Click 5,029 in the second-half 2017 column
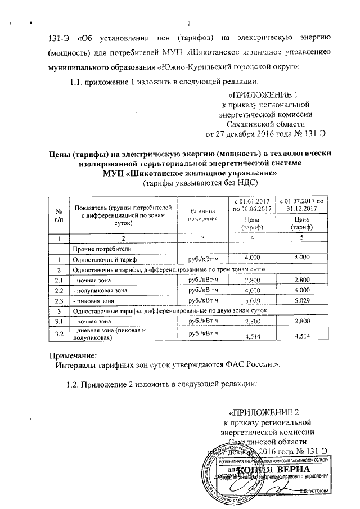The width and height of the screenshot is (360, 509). pyautogui.click(x=303, y=301)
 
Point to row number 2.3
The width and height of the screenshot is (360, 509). pyautogui.click(x=57, y=301)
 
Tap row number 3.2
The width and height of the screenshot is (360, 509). pyautogui.click(x=57, y=334)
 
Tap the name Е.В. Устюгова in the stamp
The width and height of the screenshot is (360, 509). pyautogui.click(x=317, y=490)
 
